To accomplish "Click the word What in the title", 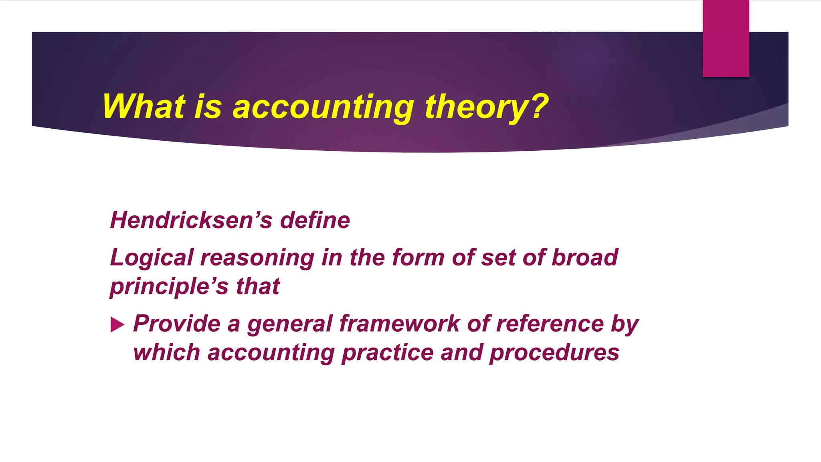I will tap(144, 107).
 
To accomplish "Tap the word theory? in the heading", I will tap(486, 107).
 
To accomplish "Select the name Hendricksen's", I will tap(191, 220).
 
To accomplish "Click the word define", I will tap(315, 220).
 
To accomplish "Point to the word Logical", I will tap(152, 258).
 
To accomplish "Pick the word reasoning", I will tap(257, 258).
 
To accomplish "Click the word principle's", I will tap(169, 287).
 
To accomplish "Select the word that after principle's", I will tap(258, 286).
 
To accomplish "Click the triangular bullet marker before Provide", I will tap(117, 324).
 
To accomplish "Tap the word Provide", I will tap(176, 323).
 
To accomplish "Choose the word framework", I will tap(399, 323).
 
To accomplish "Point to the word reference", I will tap(550, 323).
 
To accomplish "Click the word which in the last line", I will tap(166, 353).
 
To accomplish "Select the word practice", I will tap(387, 353).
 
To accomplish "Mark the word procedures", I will tap(554, 353).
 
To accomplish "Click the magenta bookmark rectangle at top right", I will tap(726, 38).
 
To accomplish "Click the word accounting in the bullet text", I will tap(271, 353).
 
